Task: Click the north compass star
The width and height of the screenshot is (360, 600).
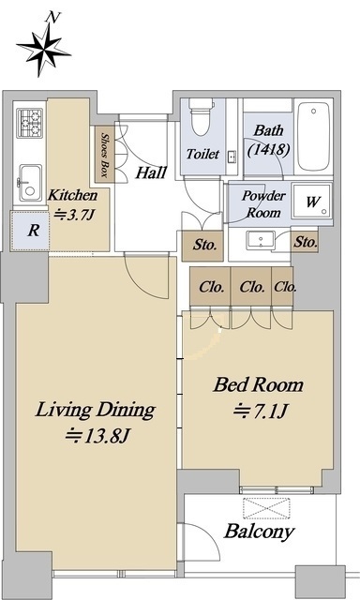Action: point(43,49)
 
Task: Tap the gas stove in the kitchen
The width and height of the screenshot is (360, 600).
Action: point(29,123)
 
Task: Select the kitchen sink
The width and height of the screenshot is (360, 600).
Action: point(30,184)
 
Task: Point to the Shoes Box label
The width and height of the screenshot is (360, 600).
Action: point(104,155)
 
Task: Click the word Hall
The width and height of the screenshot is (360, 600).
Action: point(151,172)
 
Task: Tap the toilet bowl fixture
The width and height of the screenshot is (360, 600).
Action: point(202,116)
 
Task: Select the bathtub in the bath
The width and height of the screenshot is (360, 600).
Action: point(313,136)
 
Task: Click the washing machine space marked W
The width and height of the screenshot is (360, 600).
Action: point(312,202)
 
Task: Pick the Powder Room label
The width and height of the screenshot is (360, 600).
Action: point(263,204)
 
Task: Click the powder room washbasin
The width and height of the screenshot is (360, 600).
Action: point(260,240)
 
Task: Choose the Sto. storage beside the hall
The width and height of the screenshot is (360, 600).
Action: point(202,246)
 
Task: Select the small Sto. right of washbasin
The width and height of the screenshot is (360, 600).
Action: point(306,242)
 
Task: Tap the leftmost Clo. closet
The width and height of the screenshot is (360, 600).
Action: point(210,287)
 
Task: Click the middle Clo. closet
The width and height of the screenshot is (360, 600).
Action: point(251,287)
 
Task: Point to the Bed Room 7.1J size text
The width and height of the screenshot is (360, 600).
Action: point(260,412)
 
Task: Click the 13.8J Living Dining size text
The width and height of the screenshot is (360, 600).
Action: point(97,435)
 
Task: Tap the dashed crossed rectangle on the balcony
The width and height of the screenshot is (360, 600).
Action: point(266,508)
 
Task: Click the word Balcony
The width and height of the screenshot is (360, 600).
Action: point(260,532)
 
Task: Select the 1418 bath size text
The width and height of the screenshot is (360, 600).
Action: point(268,149)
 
